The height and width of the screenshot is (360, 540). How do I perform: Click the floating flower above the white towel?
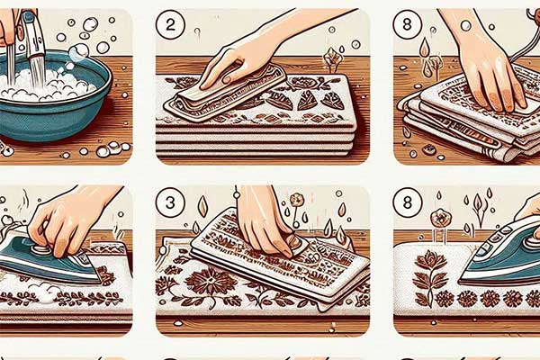[x=440, y=219]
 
